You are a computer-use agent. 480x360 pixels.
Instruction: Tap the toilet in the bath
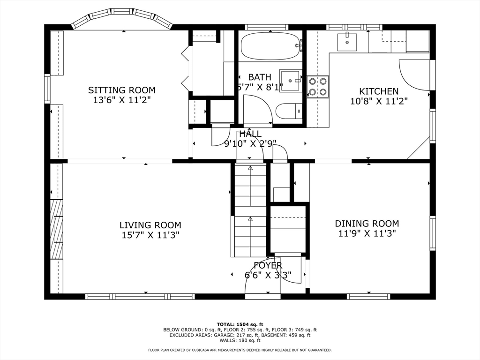click(x=287, y=112)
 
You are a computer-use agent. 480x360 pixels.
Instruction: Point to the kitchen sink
click(x=347, y=42)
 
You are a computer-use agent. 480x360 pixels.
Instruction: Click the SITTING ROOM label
click(x=122, y=90)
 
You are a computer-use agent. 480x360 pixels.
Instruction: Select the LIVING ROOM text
click(x=150, y=225)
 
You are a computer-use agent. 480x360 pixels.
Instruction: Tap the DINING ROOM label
click(x=367, y=224)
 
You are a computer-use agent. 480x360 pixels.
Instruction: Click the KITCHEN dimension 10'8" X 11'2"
click(x=379, y=101)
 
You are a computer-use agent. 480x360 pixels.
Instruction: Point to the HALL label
click(x=250, y=134)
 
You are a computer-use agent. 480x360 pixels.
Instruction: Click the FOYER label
click(x=268, y=265)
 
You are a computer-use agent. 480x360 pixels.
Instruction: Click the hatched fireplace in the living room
click(x=56, y=230)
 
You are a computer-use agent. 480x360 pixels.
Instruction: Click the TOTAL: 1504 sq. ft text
click(x=240, y=324)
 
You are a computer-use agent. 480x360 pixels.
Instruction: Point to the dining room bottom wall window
click(x=368, y=296)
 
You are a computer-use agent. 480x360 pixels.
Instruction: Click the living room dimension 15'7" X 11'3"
click(x=150, y=235)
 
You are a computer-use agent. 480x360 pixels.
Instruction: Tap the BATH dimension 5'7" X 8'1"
click(x=260, y=87)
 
